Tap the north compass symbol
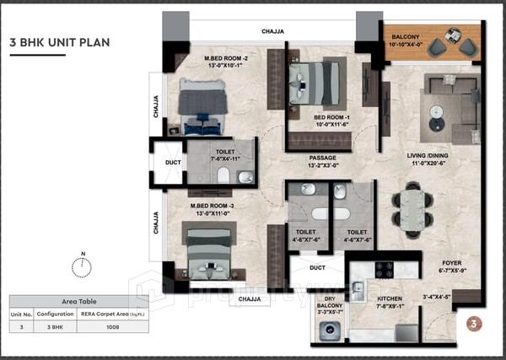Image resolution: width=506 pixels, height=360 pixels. point(82,267)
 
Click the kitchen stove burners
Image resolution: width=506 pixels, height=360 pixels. point(384,270)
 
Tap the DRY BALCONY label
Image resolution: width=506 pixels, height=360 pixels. point(330,304)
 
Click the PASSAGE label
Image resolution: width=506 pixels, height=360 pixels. point(323,158)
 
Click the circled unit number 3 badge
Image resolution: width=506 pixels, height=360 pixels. point(474,323)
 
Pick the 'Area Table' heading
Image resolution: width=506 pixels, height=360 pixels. point(78,300)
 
